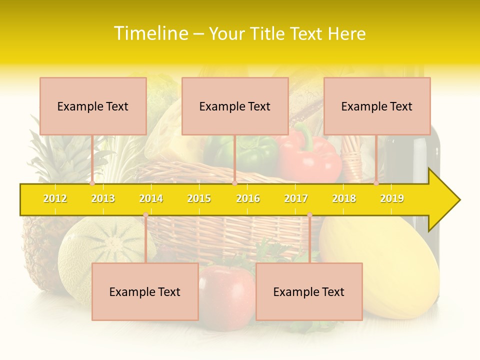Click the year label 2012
tap(55, 198)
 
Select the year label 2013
tap(103, 198)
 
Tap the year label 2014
tap(151, 198)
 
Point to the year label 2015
tap(199, 198)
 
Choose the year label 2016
tap(248, 198)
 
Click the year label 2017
tap(296, 198)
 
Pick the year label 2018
tap(344, 198)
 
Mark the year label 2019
tap(392, 198)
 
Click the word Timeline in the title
tap(151, 33)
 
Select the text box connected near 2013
tap(93, 106)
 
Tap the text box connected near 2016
tap(235, 106)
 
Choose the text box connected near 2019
tap(377, 106)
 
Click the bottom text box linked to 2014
tap(145, 291)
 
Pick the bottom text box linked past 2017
tap(309, 291)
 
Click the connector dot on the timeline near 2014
tap(145, 214)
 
